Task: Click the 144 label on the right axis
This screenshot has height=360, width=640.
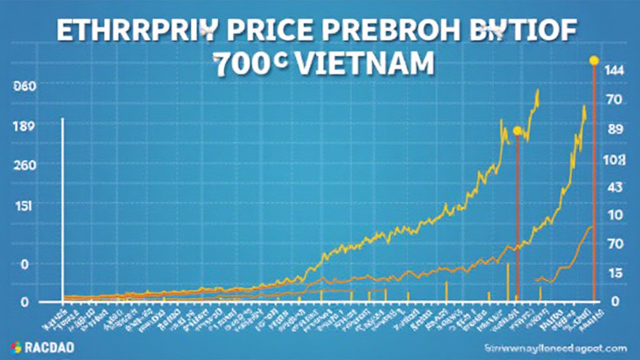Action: tap(613, 71)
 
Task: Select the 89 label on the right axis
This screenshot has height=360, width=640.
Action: tap(613, 130)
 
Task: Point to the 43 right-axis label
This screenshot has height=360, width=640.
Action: tap(613, 187)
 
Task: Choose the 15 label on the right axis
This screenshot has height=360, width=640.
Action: tap(613, 273)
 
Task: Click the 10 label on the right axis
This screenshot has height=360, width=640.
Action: tap(613, 216)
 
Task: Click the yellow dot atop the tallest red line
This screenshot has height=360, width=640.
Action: tap(594, 61)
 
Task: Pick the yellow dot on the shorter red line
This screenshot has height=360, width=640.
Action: tap(517, 131)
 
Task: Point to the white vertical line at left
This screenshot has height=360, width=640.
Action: tap(62, 206)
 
